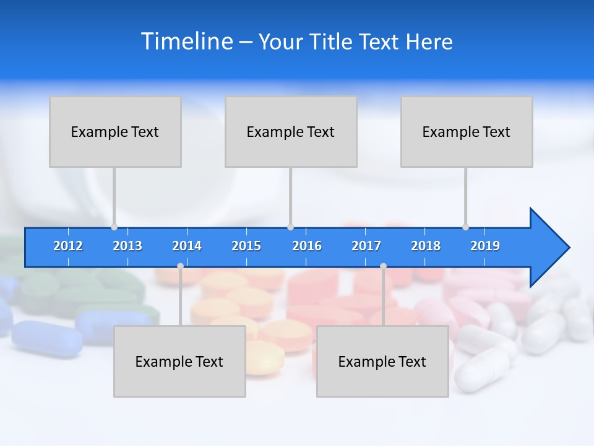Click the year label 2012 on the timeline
coord(68,246)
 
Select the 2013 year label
coord(127,246)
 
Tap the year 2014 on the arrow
coord(187,246)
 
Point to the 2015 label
coord(246,246)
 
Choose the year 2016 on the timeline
coord(307,246)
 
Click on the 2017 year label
coord(366,246)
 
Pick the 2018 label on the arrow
coord(426,246)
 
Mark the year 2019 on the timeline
coord(485,246)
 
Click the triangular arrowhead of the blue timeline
coord(548,248)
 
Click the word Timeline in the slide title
coord(186,42)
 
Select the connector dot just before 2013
coord(114,227)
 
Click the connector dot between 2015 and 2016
coord(290,227)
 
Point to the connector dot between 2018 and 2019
coord(466,227)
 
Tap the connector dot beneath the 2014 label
coord(180,266)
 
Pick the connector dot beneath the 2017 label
coord(383,266)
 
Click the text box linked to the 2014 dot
coord(179,361)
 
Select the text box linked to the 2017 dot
coord(382,361)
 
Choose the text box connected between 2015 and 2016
coord(291,131)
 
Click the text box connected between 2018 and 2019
coord(467,131)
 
